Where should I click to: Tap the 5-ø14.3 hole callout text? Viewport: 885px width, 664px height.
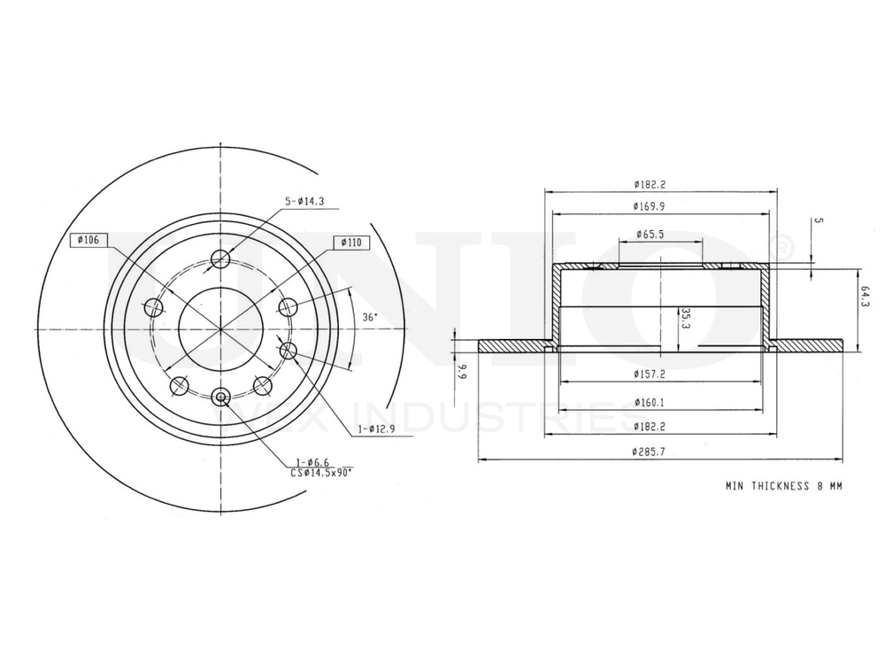[x=304, y=201]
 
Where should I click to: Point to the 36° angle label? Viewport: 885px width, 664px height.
[x=370, y=317]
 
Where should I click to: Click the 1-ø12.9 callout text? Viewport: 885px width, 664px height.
[x=375, y=429]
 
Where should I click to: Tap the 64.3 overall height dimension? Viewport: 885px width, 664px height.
[x=865, y=297]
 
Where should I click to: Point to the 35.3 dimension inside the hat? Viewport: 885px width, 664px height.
[x=684, y=319]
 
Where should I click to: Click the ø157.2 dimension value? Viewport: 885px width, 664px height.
[x=653, y=374]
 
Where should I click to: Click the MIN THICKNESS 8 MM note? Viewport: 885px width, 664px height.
[x=784, y=486]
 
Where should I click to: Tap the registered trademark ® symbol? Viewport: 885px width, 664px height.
[x=783, y=249]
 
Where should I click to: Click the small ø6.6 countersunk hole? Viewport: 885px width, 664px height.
[x=220, y=396]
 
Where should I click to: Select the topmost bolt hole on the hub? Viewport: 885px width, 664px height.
[x=220, y=259]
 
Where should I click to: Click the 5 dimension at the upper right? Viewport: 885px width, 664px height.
[x=819, y=220]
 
